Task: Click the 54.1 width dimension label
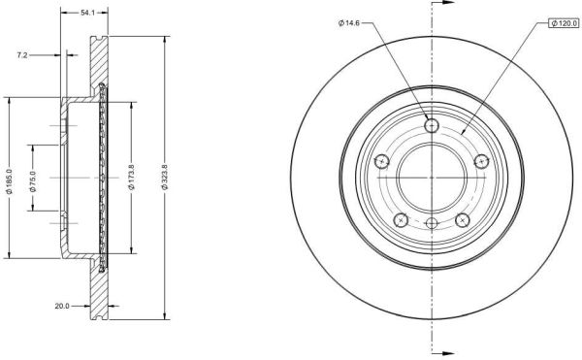88,13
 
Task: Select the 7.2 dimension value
22,55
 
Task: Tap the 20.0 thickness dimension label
62,307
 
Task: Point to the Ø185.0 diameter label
10,181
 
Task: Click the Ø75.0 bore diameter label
33,181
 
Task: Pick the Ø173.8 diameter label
131,177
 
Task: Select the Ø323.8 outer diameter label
165,177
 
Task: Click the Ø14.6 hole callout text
349,23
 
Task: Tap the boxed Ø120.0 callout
564,23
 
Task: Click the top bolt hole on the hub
432,125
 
